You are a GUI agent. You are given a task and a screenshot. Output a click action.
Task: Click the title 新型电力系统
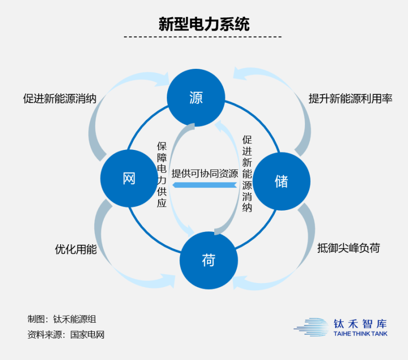coord(203,24)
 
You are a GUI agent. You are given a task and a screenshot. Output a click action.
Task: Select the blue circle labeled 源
coord(196,97)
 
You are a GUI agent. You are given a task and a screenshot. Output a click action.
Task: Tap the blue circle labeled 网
coord(129,178)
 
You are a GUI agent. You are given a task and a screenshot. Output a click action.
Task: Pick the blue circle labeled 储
coord(281,181)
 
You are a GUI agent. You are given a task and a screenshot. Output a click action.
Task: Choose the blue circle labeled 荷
coord(209,261)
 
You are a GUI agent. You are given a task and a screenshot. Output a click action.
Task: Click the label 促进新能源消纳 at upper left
coord(60,98)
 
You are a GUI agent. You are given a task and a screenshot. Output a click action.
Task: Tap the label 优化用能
coord(75,250)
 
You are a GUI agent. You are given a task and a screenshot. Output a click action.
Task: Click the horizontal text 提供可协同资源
coord(205,173)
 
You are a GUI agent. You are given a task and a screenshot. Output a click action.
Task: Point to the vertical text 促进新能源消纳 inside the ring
coord(247,173)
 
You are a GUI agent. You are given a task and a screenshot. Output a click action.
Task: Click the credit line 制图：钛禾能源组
coord(62,320)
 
